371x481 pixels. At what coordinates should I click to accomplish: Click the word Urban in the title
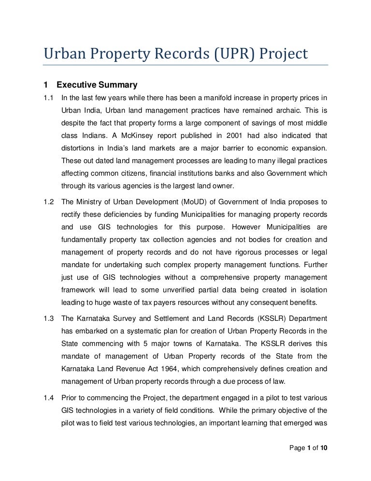tap(63, 54)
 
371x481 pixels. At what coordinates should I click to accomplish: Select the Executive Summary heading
tap(97, 85)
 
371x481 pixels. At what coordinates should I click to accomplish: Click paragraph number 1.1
tap(48, 98)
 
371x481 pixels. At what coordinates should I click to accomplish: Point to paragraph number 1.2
tap(48, 201)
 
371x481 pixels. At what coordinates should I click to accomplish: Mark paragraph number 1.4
tap(48, 398)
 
